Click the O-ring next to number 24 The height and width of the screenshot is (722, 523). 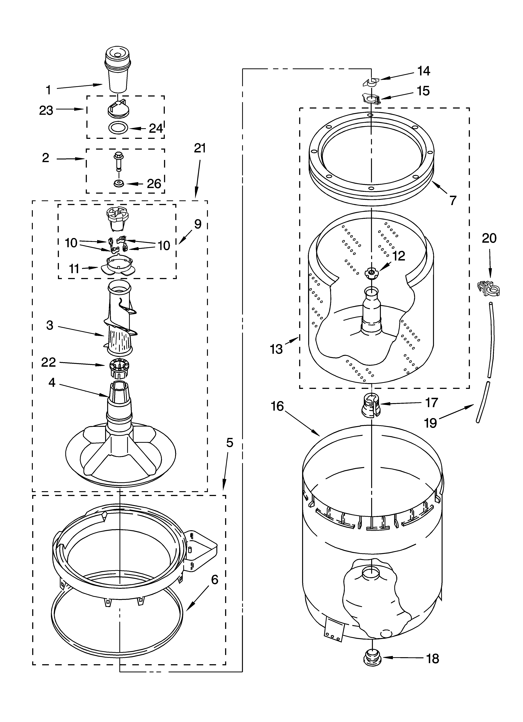(118, 128)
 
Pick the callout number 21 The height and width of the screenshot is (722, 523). (200, 148)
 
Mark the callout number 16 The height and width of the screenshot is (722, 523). (277, 406)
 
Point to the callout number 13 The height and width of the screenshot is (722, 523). (276, 349)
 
